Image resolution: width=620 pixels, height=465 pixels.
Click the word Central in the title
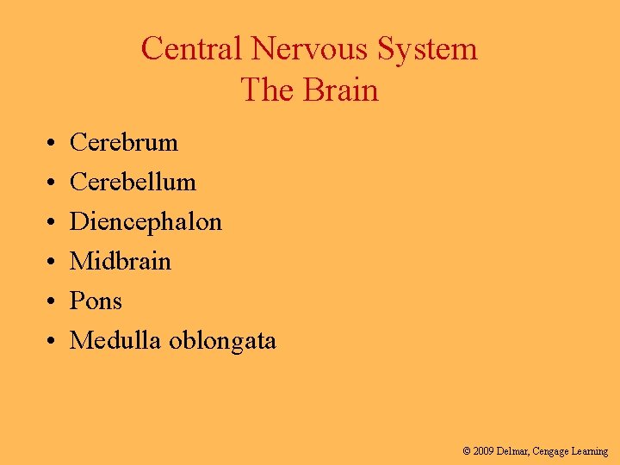coord(192,48)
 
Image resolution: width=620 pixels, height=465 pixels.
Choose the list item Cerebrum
coord(123,142)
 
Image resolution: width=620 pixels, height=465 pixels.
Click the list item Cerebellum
coord(133,182)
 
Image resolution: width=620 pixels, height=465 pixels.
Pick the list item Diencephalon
coord(146,221)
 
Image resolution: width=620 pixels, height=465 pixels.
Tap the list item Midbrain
coord(121,261)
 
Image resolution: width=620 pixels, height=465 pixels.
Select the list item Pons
coord(96,301)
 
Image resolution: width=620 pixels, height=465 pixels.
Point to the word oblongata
coord(222,341)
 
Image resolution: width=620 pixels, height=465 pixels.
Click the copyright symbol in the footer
coord(466,451)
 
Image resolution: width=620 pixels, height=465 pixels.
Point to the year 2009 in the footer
coord(482,451)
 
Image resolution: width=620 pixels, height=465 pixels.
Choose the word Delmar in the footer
coord(513,451)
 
